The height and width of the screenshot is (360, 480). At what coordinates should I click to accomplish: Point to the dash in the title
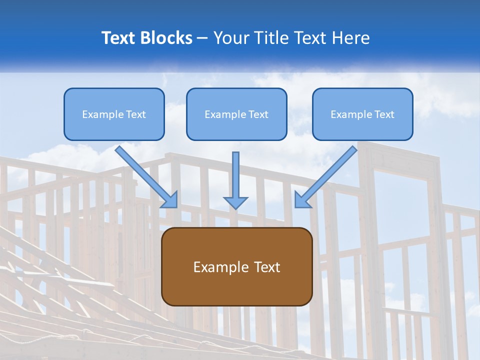(202, 38)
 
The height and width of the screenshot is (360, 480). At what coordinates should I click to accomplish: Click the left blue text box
(114, 114)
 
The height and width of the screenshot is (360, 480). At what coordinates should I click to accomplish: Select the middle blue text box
(236, 114)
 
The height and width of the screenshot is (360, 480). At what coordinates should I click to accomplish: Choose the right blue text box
(362, 114)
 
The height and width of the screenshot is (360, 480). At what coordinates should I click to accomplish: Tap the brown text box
(236, 266)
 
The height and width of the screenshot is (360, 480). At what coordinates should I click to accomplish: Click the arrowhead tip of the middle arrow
(235, 207)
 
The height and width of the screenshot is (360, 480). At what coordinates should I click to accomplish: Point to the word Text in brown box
(266, 267)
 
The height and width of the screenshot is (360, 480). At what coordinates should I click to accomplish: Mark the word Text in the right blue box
(384, 114)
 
